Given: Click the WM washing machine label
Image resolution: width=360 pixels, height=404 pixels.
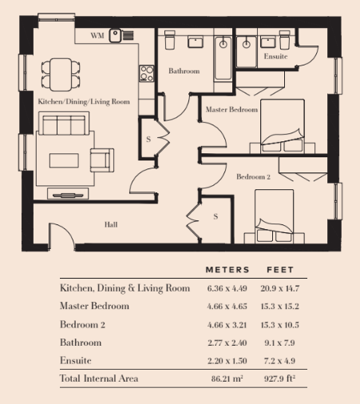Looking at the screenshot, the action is (97, 36).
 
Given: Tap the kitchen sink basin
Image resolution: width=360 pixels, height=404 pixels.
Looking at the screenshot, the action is (115, 35).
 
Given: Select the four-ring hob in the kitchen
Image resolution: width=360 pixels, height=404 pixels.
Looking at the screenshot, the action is (146, 73).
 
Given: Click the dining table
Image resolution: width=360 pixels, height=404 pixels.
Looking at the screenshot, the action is (61, 75).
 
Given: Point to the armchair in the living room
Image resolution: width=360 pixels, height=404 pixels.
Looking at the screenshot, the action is (102, 160).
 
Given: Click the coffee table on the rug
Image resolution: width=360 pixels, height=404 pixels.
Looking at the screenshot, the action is (64, 160).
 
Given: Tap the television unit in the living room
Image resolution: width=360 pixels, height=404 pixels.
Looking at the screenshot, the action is (68, 193).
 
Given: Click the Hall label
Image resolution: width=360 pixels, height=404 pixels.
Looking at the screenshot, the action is (111, 224).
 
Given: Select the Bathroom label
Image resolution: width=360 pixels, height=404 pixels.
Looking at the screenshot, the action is (184, 71).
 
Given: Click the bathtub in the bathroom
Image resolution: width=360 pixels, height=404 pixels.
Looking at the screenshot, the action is (223, 58).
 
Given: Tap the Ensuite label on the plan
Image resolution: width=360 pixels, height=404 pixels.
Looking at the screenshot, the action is (275, 57).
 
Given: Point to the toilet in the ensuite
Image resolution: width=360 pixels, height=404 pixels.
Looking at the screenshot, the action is (284, 40).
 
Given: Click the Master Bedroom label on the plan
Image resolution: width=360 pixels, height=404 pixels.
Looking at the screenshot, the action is (231, 109).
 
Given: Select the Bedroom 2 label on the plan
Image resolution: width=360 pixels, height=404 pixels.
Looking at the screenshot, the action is (253, 176).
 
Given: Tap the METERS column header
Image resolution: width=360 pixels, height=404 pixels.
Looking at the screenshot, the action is (227, 270).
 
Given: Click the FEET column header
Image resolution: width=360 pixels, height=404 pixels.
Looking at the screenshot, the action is (280, 270).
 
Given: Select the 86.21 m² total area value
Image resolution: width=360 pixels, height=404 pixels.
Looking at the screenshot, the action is (227, 378).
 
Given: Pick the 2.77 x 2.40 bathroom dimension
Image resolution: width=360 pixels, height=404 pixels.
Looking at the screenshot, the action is (227, 343).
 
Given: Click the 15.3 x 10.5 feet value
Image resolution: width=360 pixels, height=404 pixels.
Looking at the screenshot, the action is (279, 325).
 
